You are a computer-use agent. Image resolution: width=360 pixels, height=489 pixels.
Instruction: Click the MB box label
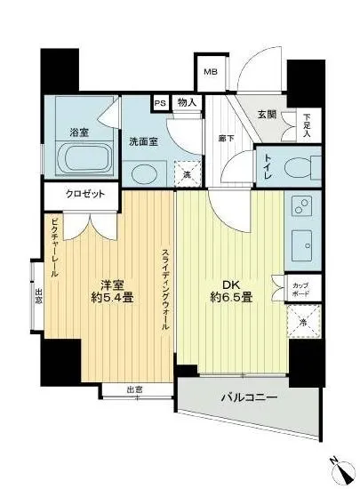tap(211, 73)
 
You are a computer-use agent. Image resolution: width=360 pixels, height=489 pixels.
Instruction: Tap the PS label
tap(161, 103)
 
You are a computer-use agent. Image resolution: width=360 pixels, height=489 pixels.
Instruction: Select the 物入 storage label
tap(187, 103)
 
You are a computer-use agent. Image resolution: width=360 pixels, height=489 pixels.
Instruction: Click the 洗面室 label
tap(143, 141)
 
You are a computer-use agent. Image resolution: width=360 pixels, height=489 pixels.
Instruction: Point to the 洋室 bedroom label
tap(111, 285)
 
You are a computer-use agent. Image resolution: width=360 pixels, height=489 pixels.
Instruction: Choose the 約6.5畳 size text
tap(230, 299)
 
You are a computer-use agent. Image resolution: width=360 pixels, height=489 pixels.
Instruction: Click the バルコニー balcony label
tap(248, 397)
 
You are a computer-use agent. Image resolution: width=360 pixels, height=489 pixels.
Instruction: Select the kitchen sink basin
tap(299, 241)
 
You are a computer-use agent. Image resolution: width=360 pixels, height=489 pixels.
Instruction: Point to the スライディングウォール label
tap(165, 288)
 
